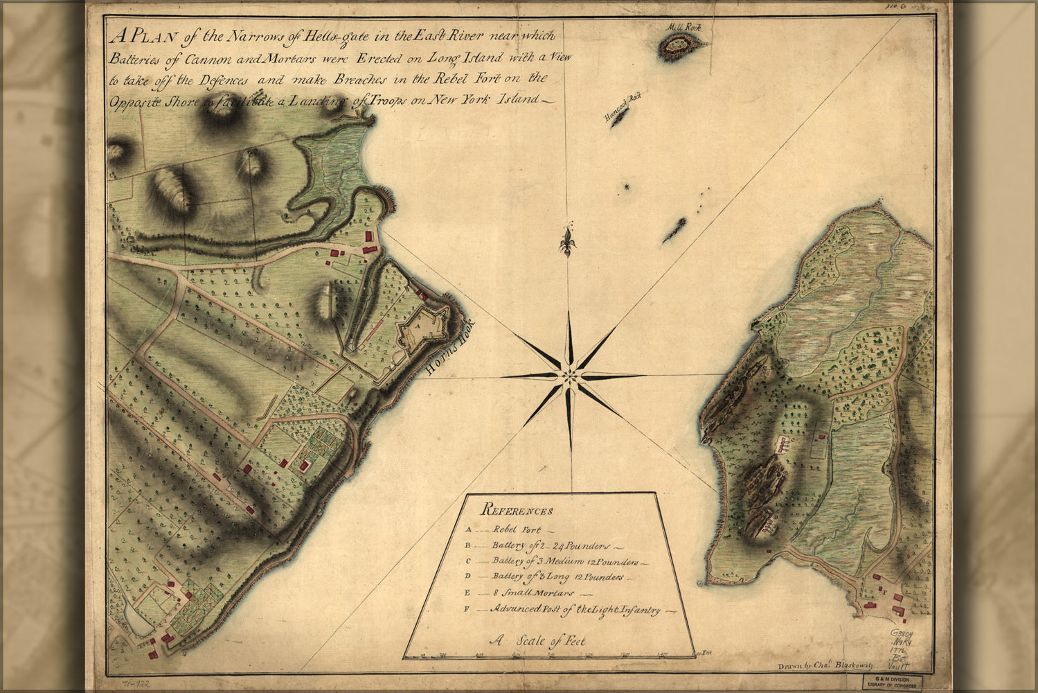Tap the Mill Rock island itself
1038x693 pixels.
click(681, 46)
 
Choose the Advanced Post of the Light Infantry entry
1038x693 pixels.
click(574, 610)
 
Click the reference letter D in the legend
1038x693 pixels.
click(468, 576)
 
